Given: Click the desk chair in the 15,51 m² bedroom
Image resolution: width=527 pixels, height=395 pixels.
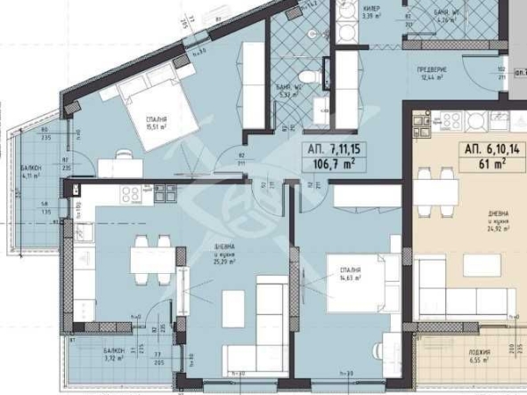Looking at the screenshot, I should pyautogui.click(x=123, y=157).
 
